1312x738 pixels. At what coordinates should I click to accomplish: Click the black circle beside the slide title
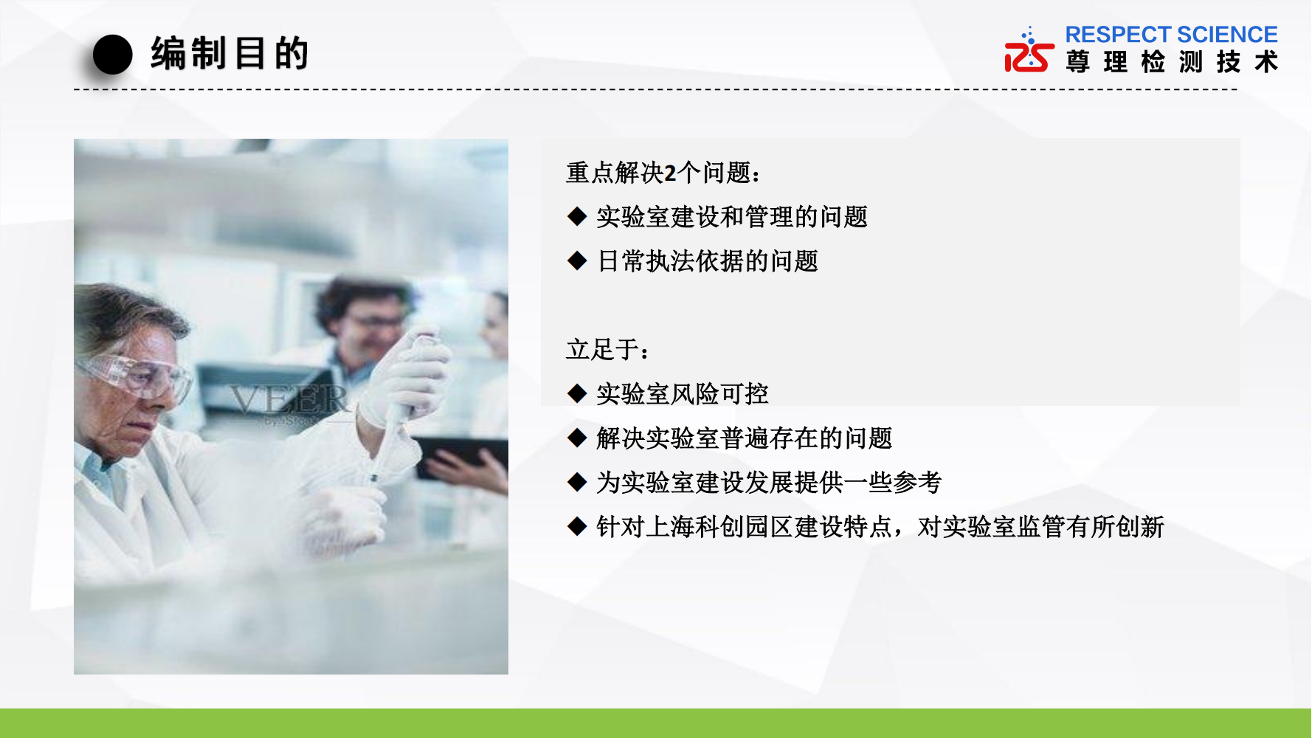click(112, 55)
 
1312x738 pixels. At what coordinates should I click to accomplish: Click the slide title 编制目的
click(229, 54)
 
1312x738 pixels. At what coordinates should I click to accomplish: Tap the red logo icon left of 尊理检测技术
click(1029, 50)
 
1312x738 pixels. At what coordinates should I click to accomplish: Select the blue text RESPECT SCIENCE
click(1171, 35)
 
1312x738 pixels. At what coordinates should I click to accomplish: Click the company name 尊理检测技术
click(1172, 61)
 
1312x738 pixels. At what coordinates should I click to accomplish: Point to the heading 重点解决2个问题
click(662, 173)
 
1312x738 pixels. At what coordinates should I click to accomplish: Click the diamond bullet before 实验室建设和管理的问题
click(577, 216)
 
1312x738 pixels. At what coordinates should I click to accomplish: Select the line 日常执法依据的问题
click(708, 261)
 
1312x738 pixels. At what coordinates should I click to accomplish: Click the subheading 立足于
click(607, 349)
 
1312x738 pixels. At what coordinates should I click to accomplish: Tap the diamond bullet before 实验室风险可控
click(577, 393)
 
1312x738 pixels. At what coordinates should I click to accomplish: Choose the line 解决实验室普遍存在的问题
click(745, 438)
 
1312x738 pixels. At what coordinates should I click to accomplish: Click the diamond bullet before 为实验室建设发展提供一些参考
click(577, 482)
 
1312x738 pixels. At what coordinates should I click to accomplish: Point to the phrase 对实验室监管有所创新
click(1040, 527)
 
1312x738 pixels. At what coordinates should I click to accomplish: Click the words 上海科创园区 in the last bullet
click(720, 527)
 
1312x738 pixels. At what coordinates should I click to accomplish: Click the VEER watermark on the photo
click(289, 401)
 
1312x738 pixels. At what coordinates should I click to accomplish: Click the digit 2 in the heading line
click(670, 173)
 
